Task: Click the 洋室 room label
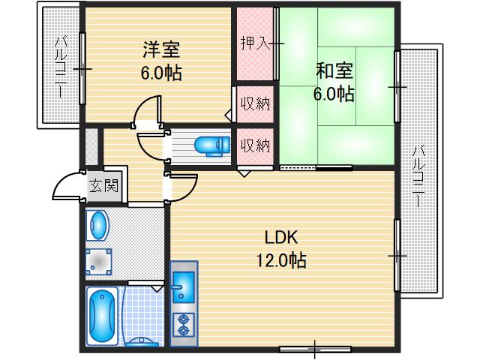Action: pyautogui.click(x=162, y=52)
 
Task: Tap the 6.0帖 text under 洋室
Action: pyautogui.click(x=162, y=73)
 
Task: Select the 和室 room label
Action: pyautogui.click(x=334, y=71)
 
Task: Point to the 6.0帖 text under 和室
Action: pyautogui.click(x=334, y=94)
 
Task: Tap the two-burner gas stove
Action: pyautogui.click(x=184, y=325)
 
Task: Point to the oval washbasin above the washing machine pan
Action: pyautogui.click(x=99, y=224)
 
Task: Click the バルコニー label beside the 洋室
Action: pyautogui.click(x=59, y=67)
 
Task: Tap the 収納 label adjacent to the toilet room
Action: pyautogui.click(x=255, y=145)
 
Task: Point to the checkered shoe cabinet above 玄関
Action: pyautogui.click(x=91, y=146)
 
